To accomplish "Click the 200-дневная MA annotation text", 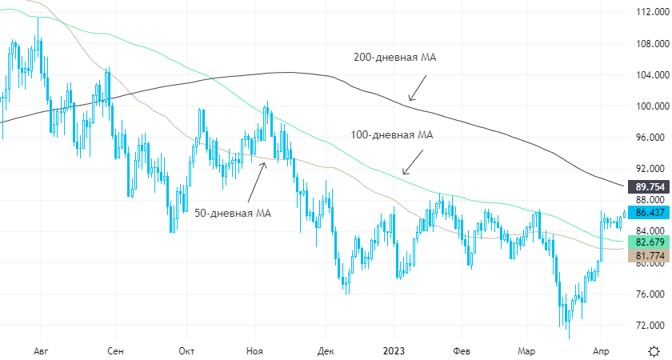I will [x=394, y=58].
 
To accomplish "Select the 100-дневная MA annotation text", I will [x=392, y=135].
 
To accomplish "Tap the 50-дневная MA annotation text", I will [x=233, y=213].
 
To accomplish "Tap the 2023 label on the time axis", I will [x=394, y=351].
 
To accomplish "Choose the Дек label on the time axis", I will [x=325, y=351].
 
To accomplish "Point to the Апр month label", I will [x=601, y=351].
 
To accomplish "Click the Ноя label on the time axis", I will [x=254, y=351].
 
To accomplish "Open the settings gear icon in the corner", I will [x=654, y=351].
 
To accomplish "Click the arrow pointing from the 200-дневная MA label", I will [x=417, y=89].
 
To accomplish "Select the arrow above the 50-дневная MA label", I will [x=257, y=181].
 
